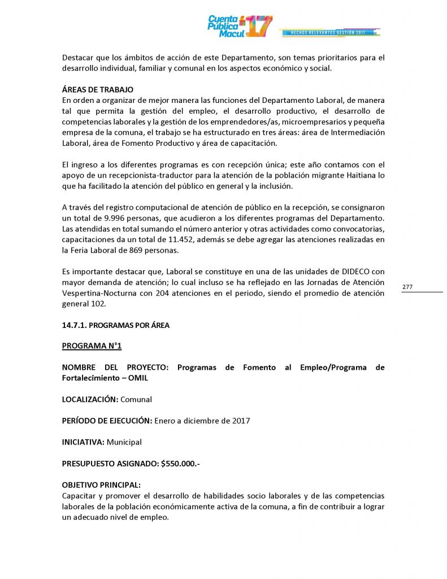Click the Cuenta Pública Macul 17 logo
click(x=240, y=26)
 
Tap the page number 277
click(x=407, y=287)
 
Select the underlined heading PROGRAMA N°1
click(x=92, y=345)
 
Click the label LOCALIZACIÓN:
click(x=90, y=399)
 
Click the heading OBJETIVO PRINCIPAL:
click(x=101, y=485)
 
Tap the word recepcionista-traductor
click(x=138, y=175)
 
